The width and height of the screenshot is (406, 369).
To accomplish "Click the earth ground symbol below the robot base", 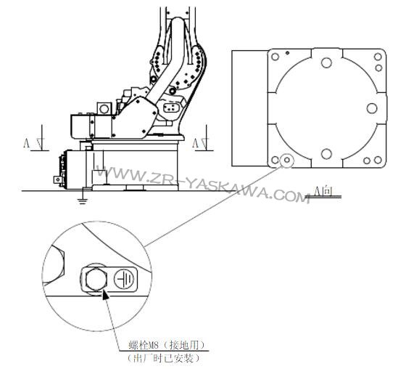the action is tap(83, 200).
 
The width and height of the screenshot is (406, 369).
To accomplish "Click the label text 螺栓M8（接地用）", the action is tap(167, 345).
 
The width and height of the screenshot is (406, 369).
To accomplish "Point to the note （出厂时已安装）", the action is tap(164, 358).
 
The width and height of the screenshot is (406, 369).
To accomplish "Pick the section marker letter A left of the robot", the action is tap(26, 143).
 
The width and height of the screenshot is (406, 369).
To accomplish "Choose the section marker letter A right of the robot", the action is tap(195, 142).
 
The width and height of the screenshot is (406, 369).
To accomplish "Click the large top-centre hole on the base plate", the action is tap(326, 62).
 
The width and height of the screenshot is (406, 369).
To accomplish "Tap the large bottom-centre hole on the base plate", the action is tap(326, 154).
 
